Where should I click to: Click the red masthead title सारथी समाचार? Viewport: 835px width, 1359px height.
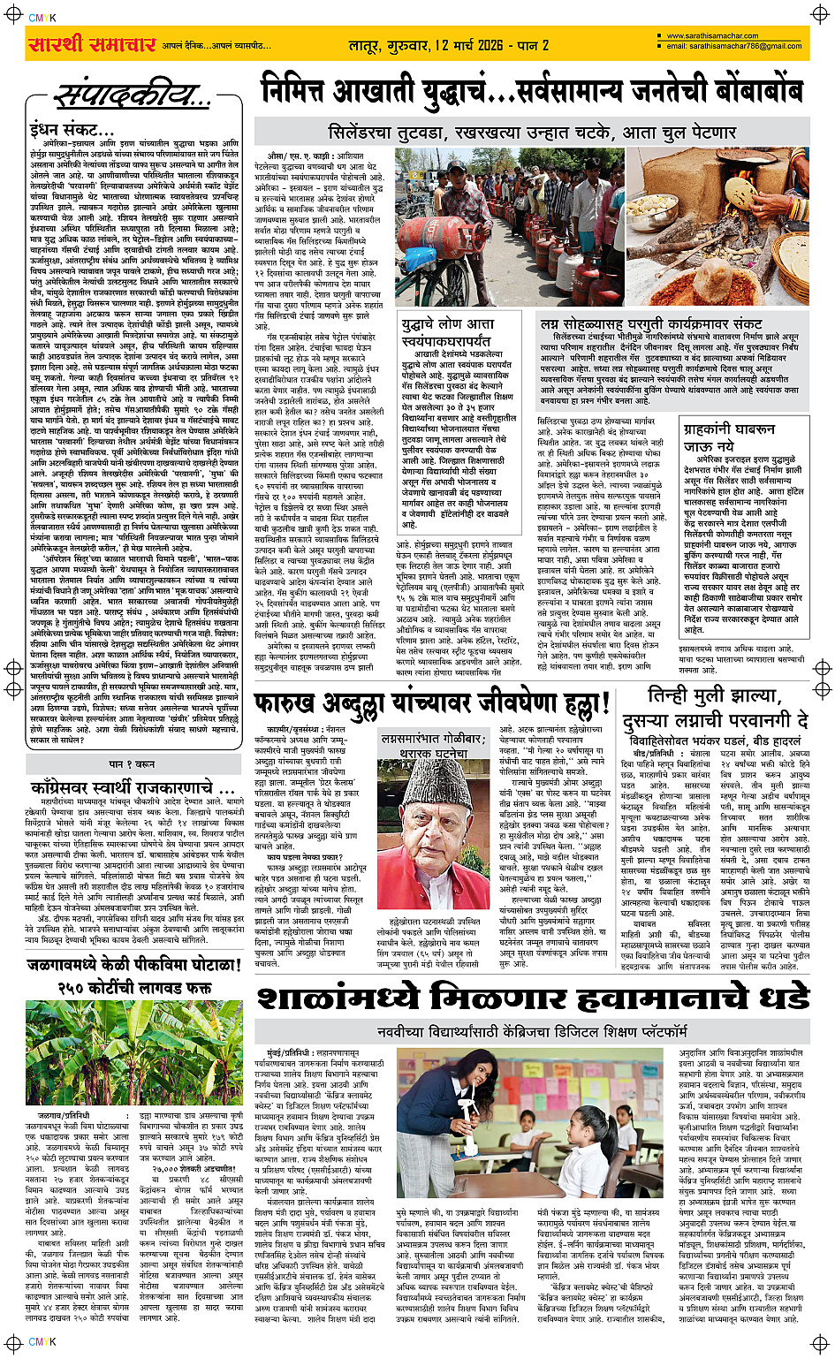(x=92, y=44)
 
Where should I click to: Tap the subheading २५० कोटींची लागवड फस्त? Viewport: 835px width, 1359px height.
(x=133, y=987)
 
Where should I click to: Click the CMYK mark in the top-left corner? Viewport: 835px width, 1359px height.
(x=42, y=17)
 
